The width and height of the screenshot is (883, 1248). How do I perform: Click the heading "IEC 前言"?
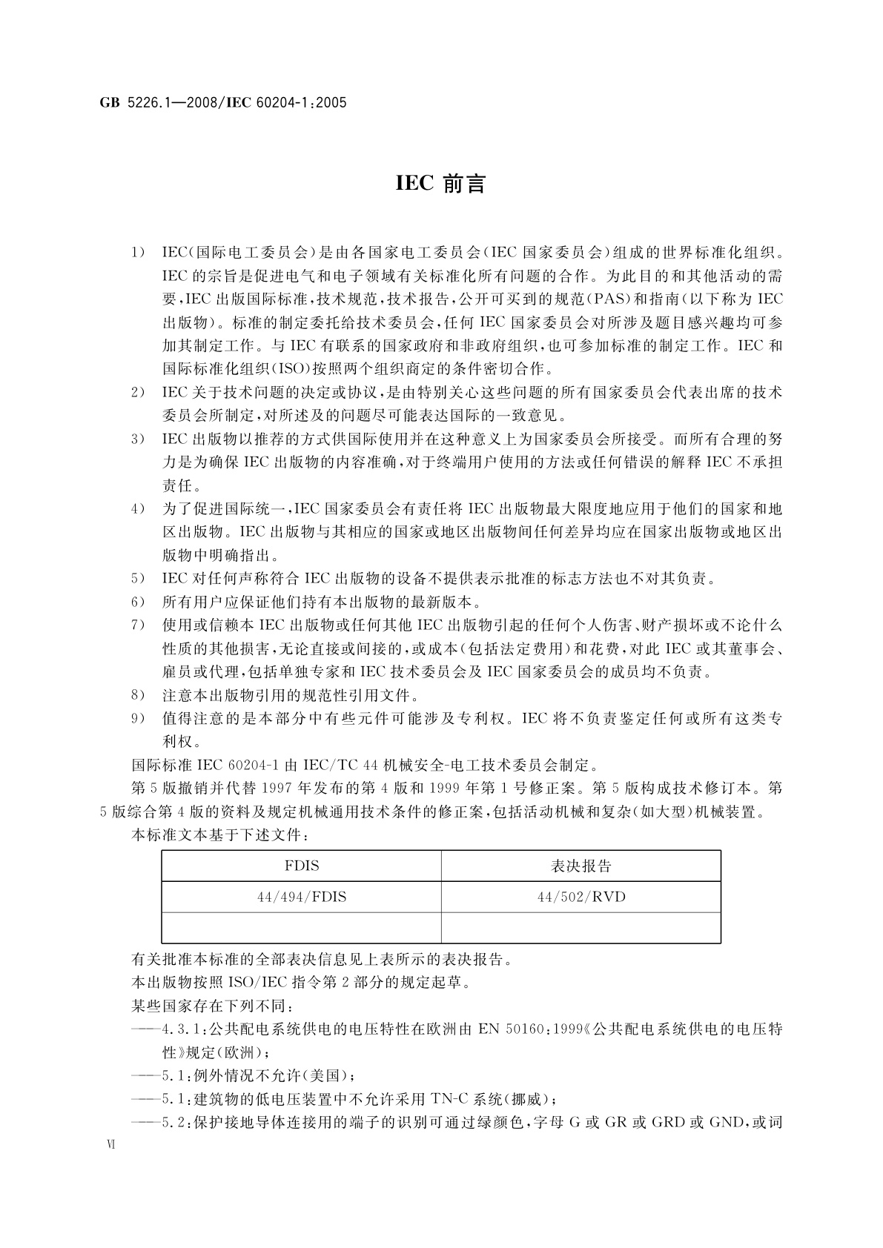click(440, 184)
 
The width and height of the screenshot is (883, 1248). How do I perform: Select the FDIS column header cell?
click(301, 866)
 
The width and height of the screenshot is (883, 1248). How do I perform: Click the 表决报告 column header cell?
click(581, 866)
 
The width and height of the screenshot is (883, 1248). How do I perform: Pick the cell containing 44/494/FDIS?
click(301, 897)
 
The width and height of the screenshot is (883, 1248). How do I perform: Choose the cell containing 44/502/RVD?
click(581, 897)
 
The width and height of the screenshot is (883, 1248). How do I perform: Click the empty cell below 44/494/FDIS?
click(301, 928)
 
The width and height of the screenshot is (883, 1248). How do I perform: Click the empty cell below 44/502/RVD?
click(581, 928)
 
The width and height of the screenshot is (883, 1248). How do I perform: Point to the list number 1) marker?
click(137, 253)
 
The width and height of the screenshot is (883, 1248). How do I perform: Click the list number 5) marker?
click(137, 578)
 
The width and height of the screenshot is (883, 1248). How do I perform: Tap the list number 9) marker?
click(137, 718)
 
